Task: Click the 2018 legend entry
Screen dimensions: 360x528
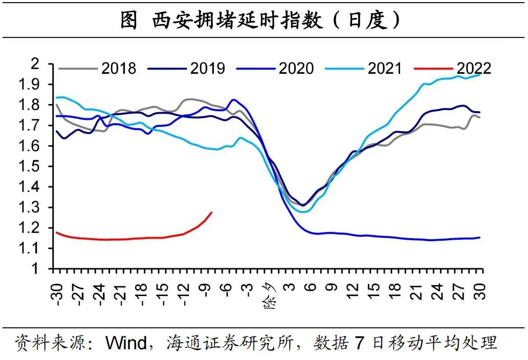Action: click(119, 68)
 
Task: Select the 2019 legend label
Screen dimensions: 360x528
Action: click(207, 68)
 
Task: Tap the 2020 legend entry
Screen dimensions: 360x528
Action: click(296, 68)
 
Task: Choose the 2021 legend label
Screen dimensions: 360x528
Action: click(385, 68)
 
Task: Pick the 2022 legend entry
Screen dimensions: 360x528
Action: click(474, 68)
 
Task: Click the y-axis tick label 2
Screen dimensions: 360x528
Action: click(42, 63)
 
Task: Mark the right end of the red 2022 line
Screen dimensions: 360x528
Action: click(212, 212)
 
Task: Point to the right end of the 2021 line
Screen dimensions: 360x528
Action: click(480, 75)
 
